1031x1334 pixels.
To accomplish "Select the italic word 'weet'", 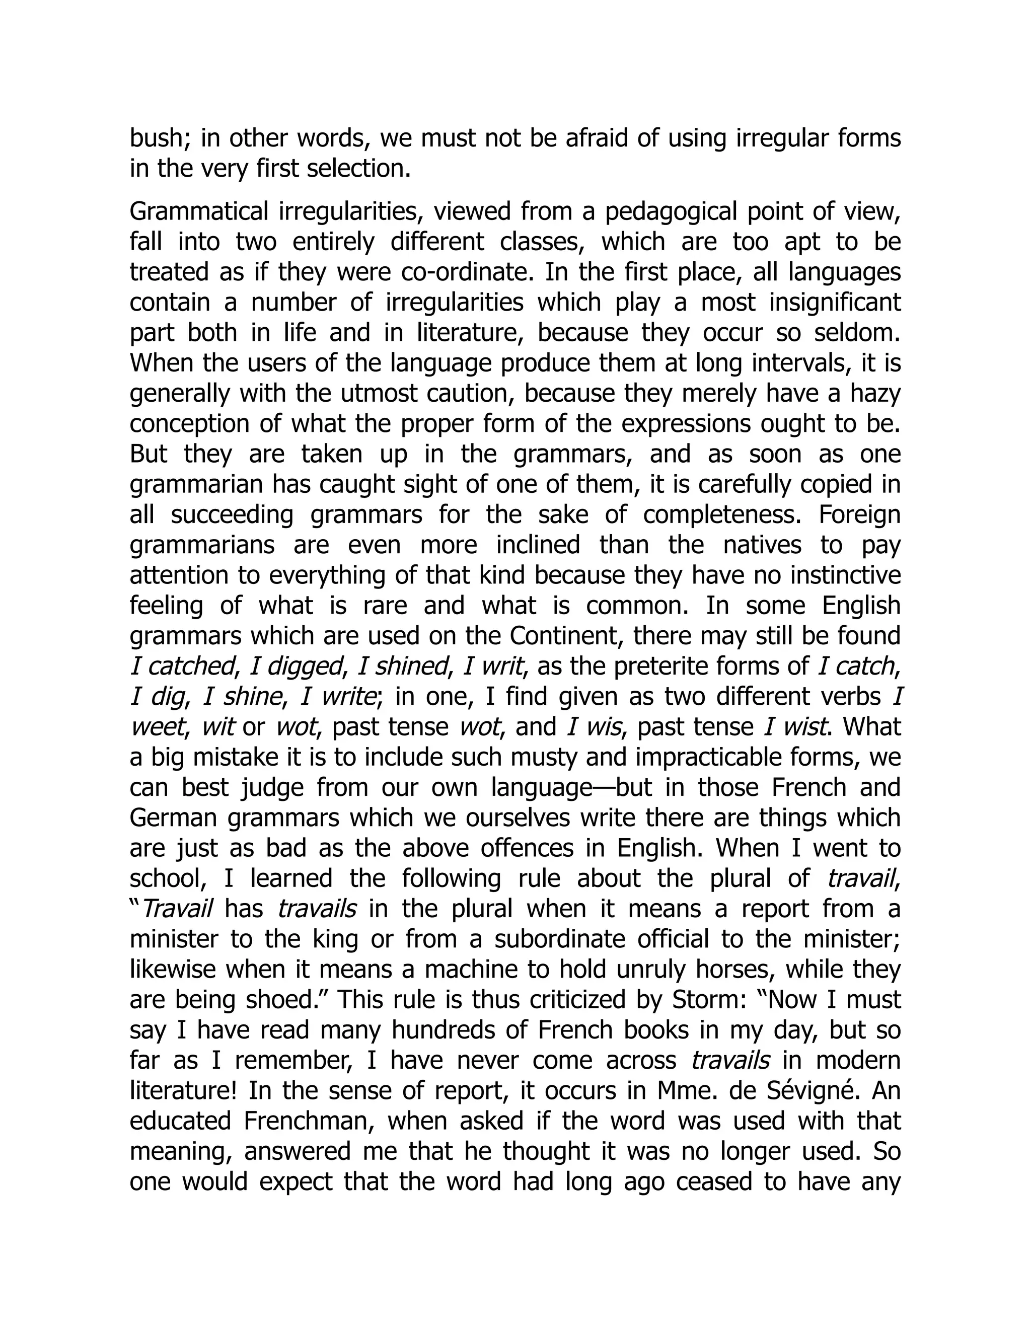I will tap(157, 727).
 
